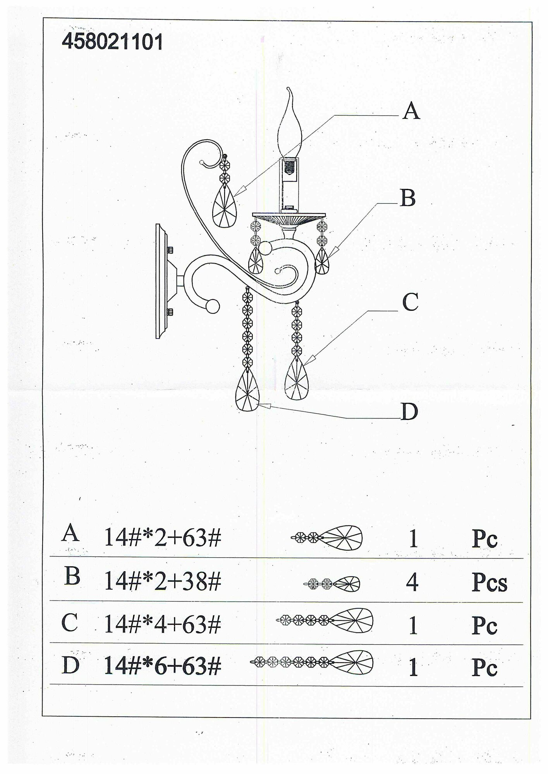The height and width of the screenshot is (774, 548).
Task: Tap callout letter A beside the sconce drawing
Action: (411, 111)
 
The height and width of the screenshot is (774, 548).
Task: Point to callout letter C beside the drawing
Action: (410, 302)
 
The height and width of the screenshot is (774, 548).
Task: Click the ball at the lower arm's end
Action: (212, 307)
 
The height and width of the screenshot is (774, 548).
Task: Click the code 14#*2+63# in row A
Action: (163, 538)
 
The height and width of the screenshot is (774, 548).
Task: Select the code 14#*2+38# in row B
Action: (163, 582)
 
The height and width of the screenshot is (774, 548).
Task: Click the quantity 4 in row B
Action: (412, 582)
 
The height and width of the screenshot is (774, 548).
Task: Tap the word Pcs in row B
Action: (489, 582)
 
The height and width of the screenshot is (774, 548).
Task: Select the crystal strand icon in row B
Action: (332, 584)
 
